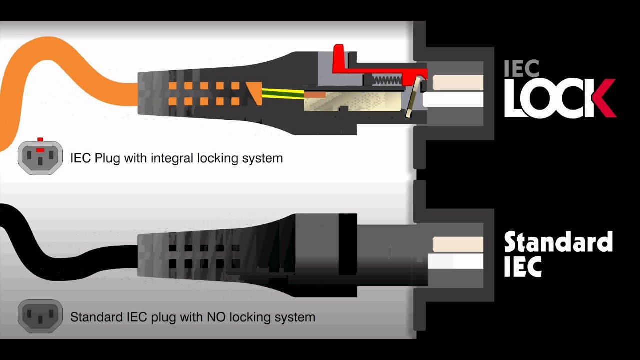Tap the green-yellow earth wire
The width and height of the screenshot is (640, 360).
(283, 94)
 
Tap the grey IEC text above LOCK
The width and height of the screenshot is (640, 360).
(521, 68)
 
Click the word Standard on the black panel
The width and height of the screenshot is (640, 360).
(558, 242)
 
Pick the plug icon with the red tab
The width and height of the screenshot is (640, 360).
(40, 156)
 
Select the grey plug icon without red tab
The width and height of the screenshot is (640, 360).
(40, 316)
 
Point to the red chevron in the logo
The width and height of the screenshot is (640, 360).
(603, 98)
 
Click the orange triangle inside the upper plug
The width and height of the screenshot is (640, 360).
(254, 93)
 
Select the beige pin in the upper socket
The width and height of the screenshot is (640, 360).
(458, 82)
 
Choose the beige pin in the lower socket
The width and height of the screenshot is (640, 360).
(458, 244)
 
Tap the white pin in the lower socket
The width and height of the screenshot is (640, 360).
(455, 261)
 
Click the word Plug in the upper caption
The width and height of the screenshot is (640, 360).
(107, 158)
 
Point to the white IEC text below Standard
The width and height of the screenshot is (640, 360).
(523, 266)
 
